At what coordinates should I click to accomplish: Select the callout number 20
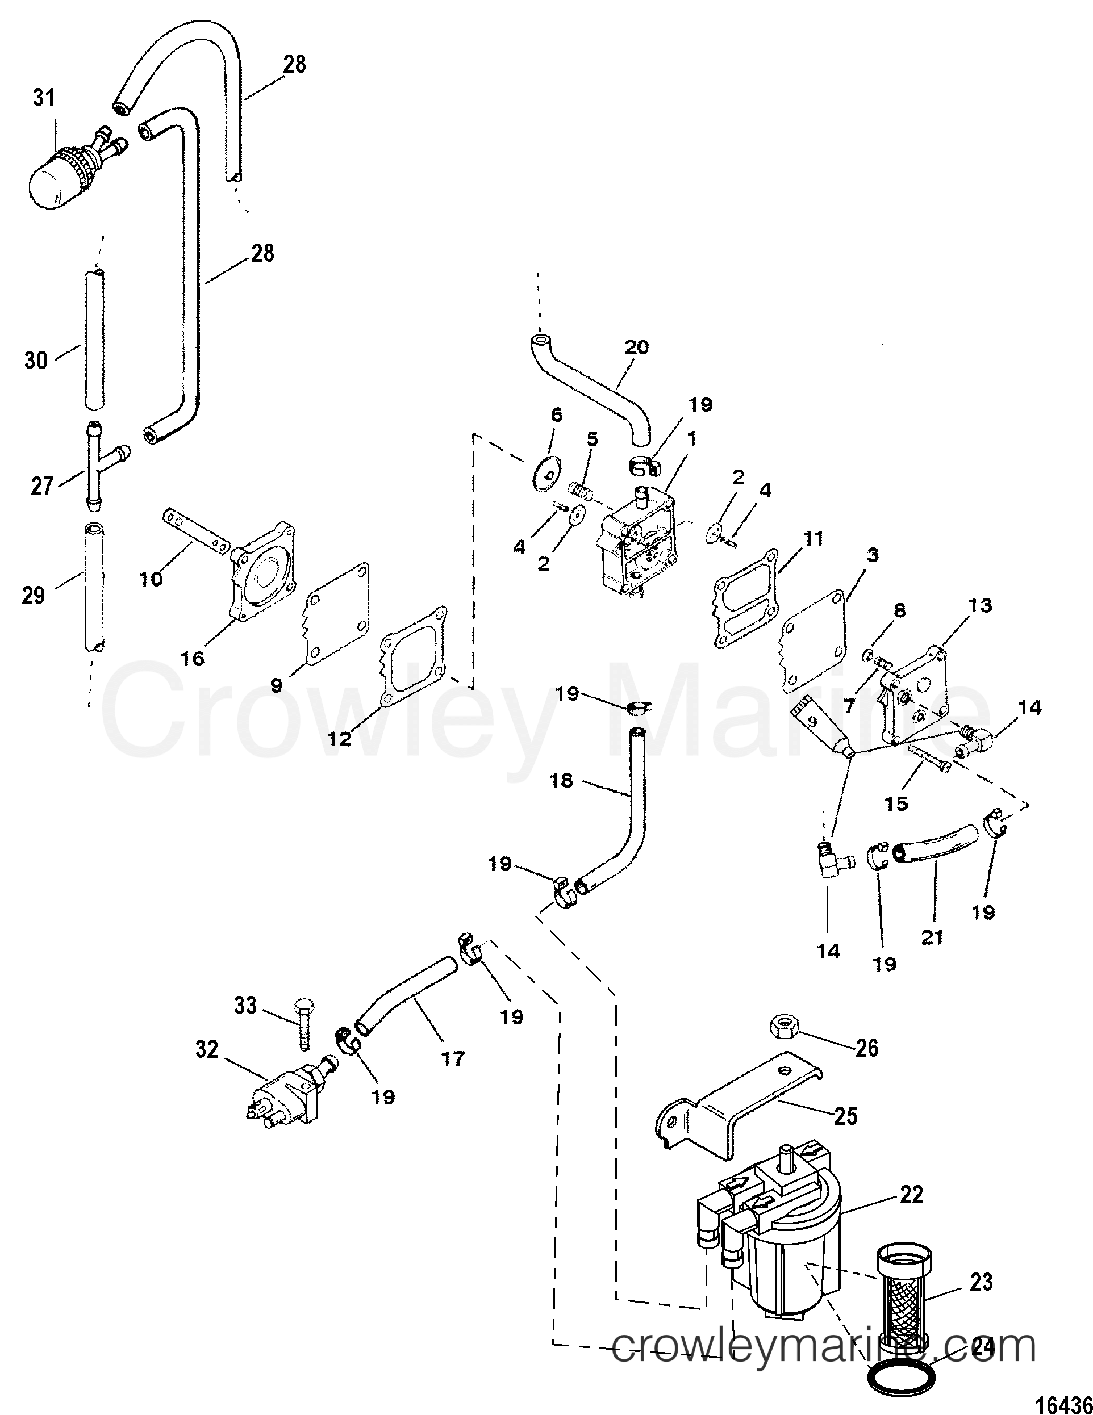pos(636,348)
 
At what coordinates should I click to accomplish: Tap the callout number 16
pos(192,658)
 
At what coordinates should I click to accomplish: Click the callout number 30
pos(36,360)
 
